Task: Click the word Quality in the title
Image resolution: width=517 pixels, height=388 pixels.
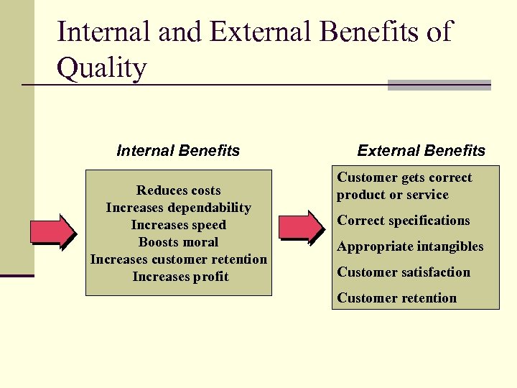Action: [101, 69]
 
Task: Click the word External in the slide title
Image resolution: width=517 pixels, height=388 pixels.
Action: [246, 32]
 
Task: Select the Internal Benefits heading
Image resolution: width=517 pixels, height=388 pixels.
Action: [178, 151]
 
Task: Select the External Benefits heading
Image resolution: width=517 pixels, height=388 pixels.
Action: [421, 151]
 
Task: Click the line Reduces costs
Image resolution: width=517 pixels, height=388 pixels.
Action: [179, 190]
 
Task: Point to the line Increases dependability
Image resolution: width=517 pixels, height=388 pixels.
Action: [179, 208]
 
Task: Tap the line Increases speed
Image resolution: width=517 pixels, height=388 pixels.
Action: [179, 225]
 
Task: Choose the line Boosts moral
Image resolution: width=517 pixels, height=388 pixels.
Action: [179, 242]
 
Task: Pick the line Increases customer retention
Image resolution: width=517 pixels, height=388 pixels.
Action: [179, 259]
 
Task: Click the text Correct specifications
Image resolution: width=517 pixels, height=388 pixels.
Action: [404, 221]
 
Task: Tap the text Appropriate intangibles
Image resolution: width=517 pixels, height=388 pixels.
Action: [410, 246]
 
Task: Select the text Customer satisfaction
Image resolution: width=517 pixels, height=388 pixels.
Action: [404, 272]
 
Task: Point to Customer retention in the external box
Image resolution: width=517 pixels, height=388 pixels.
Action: [397, 298]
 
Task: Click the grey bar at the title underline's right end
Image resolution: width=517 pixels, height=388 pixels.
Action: [439, 85]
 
